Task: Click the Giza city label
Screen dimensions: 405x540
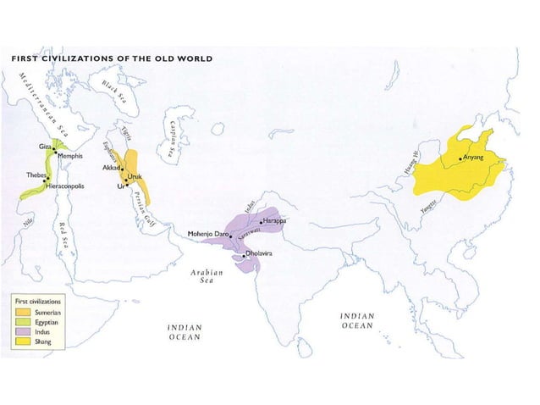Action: point(44,147)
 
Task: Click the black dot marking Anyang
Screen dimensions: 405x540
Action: point(460,158)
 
